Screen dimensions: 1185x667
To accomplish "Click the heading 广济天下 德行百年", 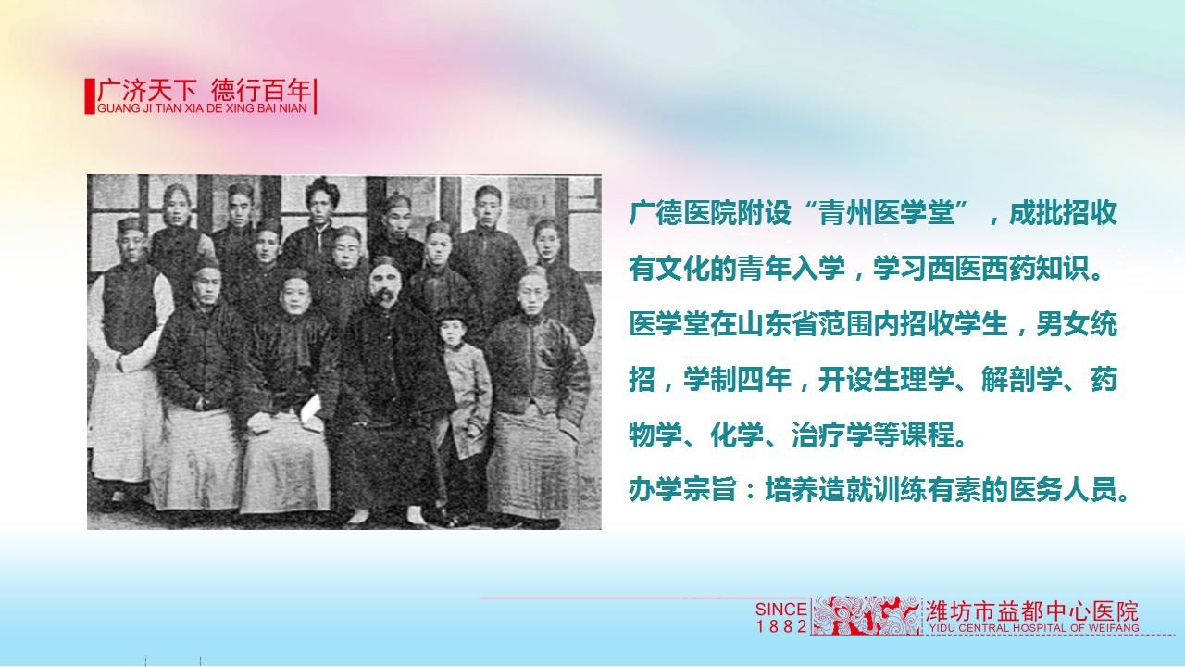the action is [x=204, y=91].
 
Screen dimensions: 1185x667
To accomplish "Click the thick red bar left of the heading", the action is [x=90, y=96].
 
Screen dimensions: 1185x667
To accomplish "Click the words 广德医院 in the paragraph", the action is [x=683, y=213].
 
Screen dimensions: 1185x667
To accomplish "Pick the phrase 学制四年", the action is [x=737, y=380].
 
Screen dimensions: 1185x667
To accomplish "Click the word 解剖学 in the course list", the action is [x=1021, y=380].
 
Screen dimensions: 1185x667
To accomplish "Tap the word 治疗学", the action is [x=832, y=435].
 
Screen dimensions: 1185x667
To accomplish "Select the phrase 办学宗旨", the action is [x=683, y=490].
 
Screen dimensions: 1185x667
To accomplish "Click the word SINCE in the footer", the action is [x=780, y=610].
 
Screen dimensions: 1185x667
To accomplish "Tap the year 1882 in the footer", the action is [x=781, y=626].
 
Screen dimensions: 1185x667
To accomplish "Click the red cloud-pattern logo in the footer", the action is [x=867, y=615].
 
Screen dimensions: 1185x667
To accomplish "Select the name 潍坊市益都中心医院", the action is [x=1031, y=611].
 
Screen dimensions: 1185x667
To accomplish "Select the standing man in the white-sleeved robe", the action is [x=127, y=360].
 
